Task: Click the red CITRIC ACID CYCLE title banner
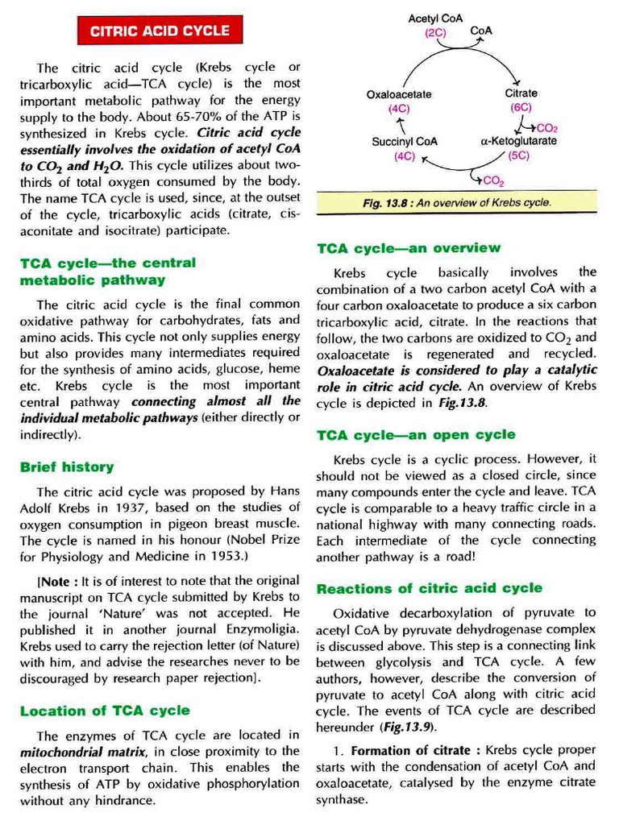(160, 31)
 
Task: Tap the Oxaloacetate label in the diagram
(399, 94)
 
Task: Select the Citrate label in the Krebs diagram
(521, 93)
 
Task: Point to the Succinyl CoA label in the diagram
(405, 141)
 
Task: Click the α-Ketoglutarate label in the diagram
(518, 141)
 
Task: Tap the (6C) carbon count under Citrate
(521, 107)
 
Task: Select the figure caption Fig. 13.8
(456, 202)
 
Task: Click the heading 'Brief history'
(67, 466)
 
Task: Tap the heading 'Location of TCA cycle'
(105, 711)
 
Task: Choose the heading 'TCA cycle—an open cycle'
(416, 435)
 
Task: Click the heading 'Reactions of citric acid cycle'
(430, 588)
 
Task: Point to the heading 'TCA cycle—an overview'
(409, 248)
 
